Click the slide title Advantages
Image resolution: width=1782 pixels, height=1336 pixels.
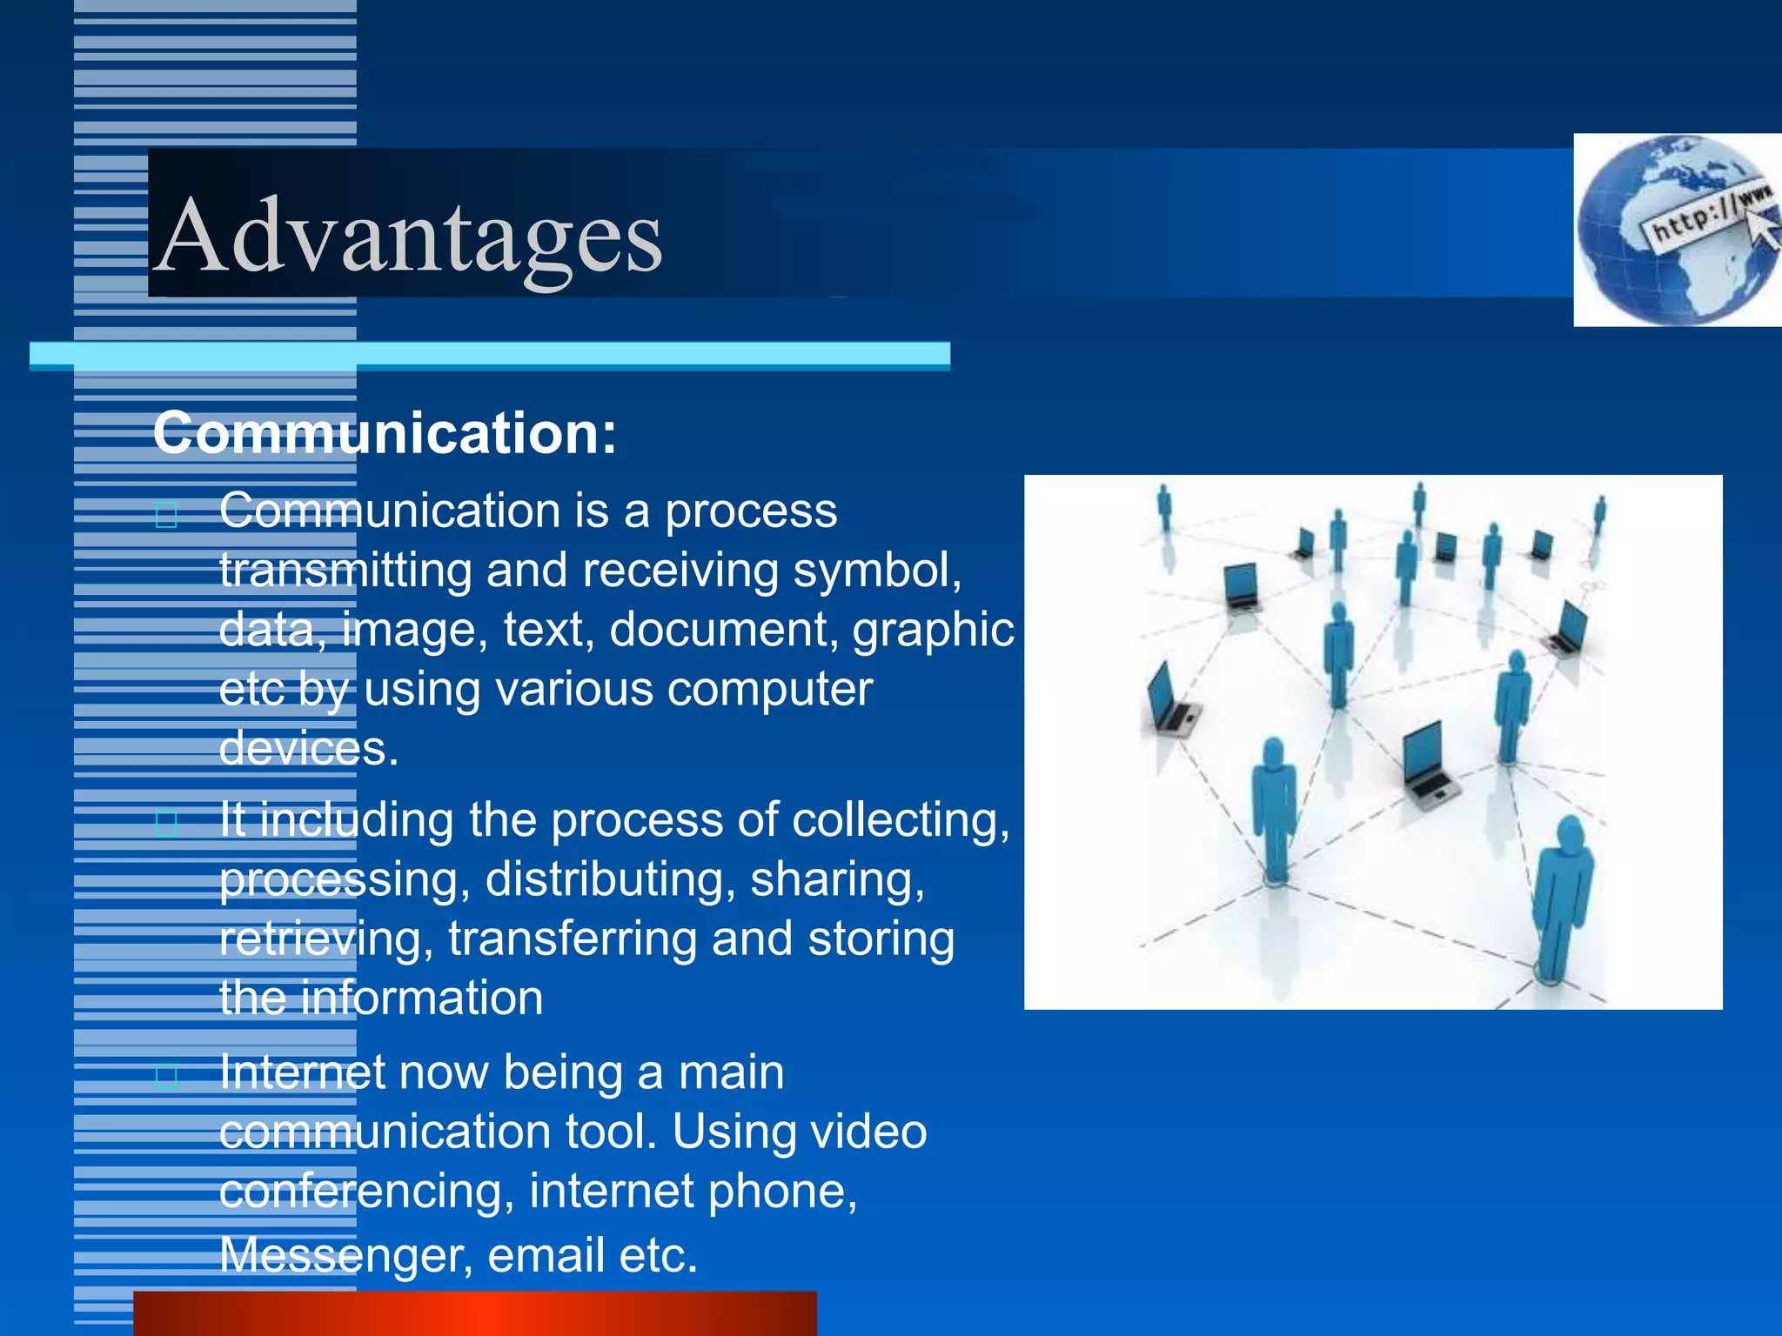[x=409, y=235]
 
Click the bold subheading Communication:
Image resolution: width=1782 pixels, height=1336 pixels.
[x=385, y=432]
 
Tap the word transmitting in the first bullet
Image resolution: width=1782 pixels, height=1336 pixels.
[x=345, y=570]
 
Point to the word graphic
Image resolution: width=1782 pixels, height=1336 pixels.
[x=933, y=629]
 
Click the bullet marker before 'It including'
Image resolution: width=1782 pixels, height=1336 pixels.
[x=166, y=823]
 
